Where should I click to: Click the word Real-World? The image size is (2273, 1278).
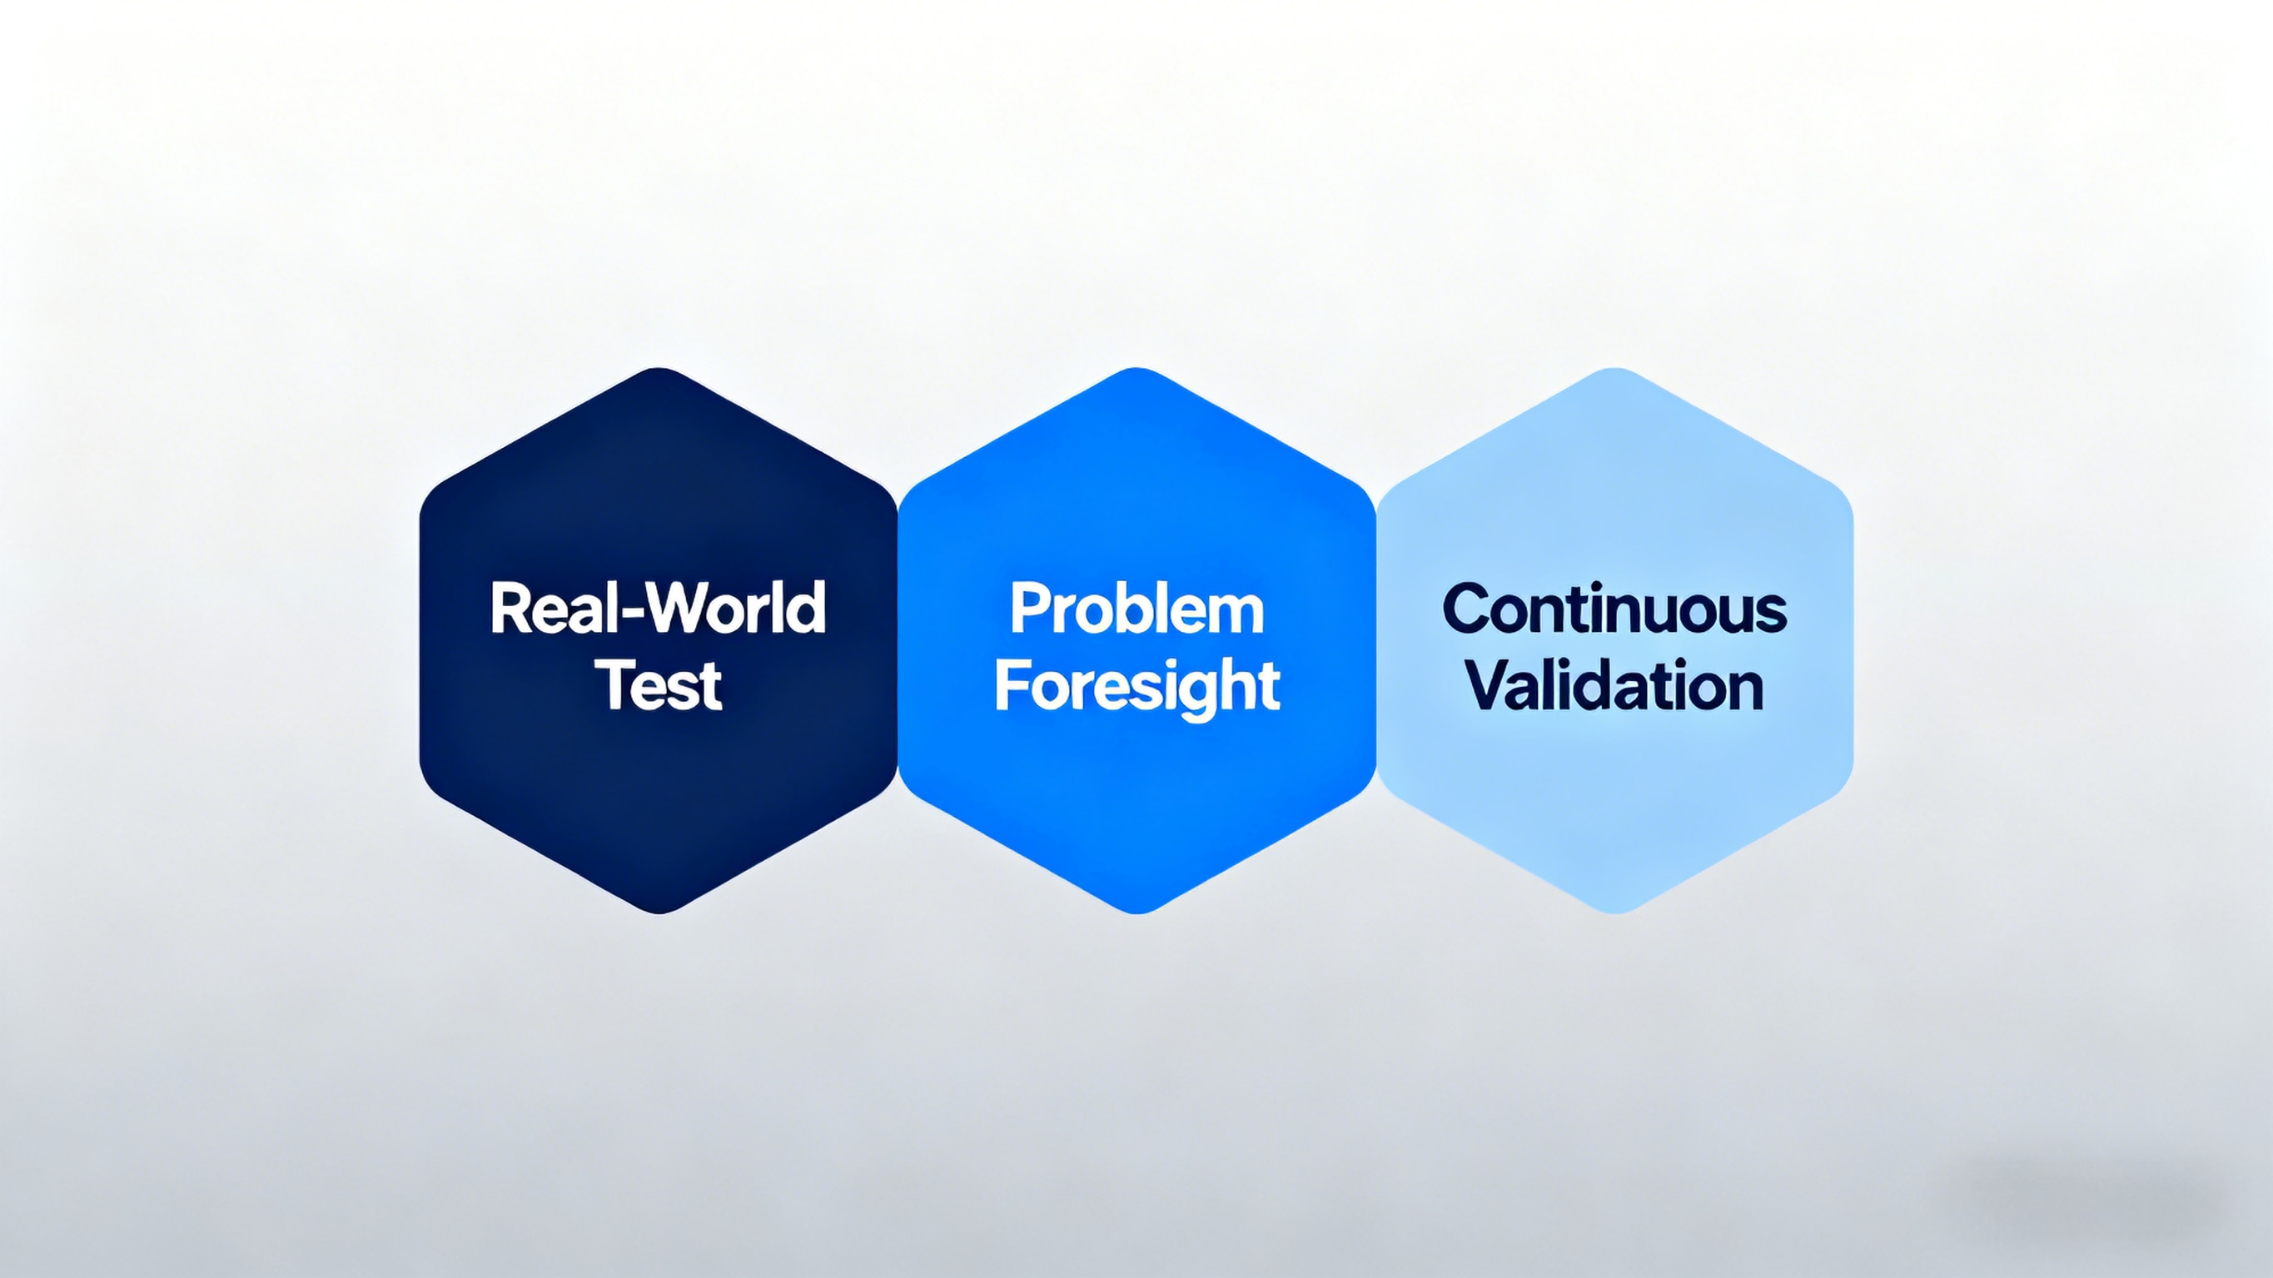coord(658,608)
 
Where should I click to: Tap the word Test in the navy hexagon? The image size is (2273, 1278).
coord(659,685)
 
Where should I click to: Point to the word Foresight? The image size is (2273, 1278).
coord(1136,687)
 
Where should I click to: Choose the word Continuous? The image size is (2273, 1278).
coord(1614,608)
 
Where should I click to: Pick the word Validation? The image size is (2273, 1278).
coord(1614,686)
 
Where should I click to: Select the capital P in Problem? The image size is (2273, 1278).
coord(1027,608)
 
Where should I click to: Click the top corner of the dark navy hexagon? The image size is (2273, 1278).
coord(659,369)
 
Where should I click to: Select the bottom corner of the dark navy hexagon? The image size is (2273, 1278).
coord(659,913)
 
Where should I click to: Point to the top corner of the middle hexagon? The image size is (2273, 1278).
coord(1136,369)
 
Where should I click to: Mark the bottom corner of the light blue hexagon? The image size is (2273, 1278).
coord(1614,913)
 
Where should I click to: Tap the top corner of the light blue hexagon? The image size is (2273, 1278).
coord(1614,369)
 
